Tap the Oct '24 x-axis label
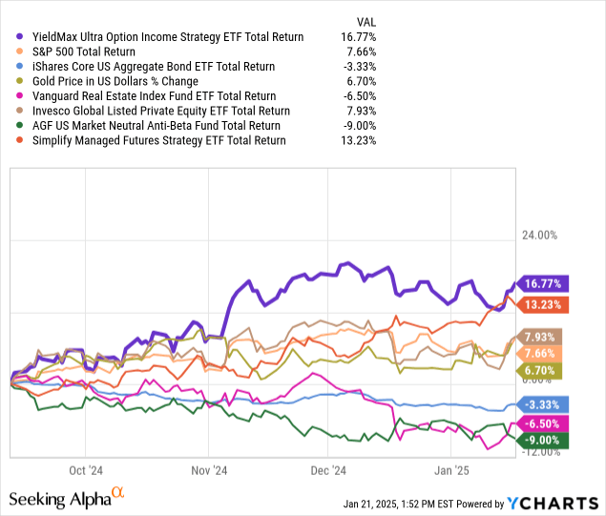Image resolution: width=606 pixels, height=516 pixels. tap(86, 470)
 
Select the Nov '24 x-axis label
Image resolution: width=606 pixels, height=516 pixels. tap(208, 470)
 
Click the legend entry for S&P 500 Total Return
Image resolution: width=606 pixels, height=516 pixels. tap(80, 52)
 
